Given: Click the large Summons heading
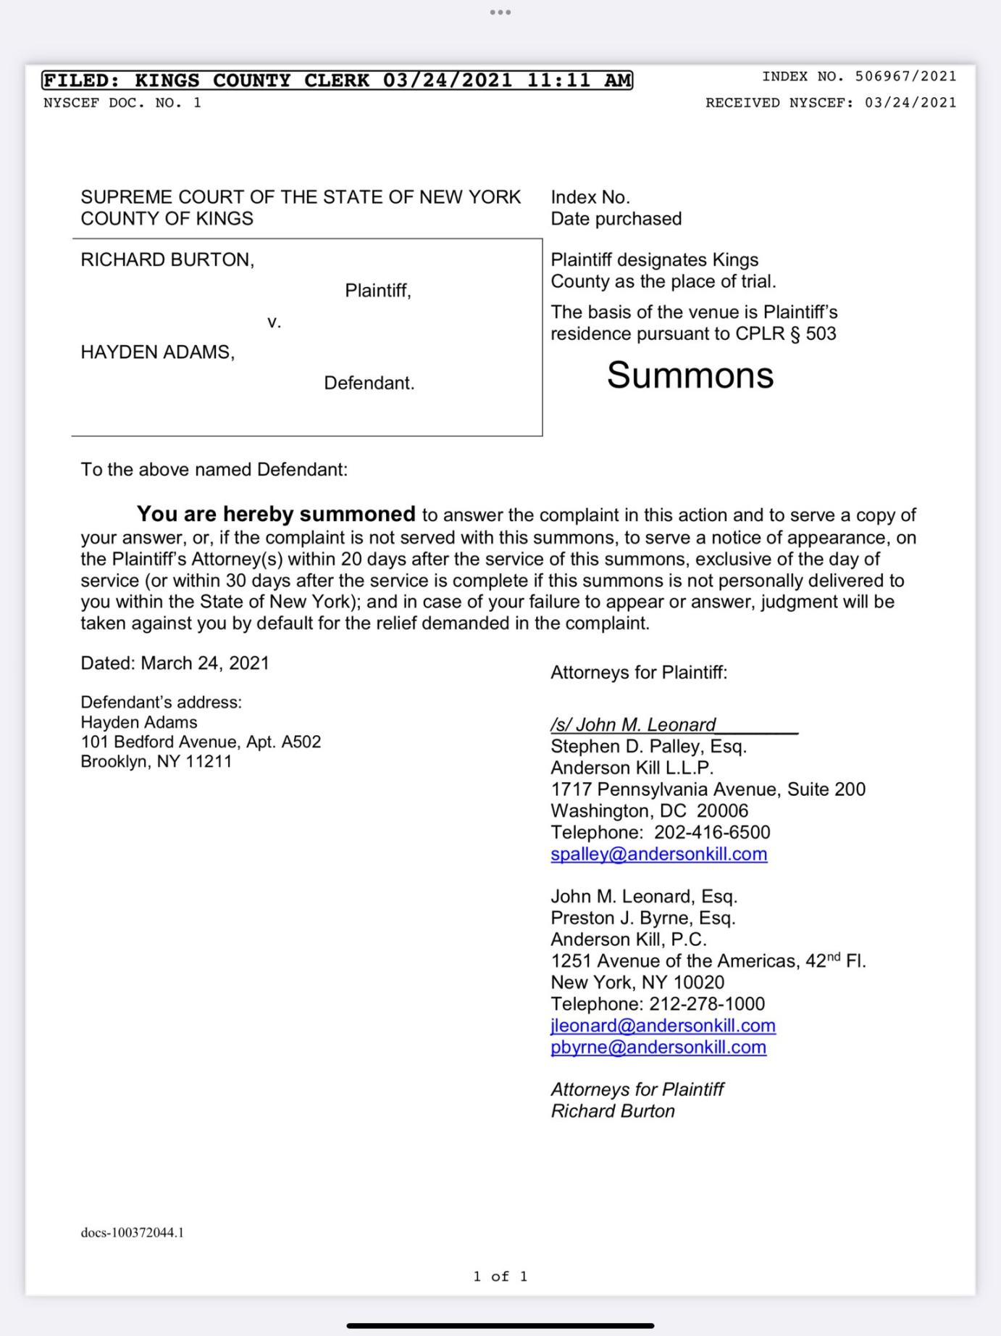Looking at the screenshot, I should pos(690,376).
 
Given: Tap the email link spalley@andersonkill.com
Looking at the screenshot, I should pos(658,854).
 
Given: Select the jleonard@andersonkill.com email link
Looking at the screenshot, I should pos(663,1026).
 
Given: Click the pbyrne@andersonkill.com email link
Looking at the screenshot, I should pos(658,1047).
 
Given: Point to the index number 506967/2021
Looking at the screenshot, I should pos(905,76).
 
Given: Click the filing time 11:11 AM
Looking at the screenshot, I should pos(579,80).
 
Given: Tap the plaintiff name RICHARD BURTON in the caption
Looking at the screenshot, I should pos(166,260).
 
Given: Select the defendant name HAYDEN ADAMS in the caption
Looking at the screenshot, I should pos(156,352).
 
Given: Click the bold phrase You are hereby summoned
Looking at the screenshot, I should pos(276,514).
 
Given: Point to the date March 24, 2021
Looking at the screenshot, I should pos(205,663).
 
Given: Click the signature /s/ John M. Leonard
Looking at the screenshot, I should pos(633,725).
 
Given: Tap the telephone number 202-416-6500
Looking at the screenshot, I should pos(712,832).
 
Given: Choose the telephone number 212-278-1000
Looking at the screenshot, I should pos(707,1004).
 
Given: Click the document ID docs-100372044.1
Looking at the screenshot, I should pos(132,1232).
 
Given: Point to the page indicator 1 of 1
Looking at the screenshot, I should pos(500,1276).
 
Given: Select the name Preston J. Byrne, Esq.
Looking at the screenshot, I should pos(642,918).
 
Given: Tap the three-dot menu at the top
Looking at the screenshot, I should pos(500,12).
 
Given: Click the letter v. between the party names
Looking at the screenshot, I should pos(274,322).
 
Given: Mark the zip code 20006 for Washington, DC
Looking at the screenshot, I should pos(722,810).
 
